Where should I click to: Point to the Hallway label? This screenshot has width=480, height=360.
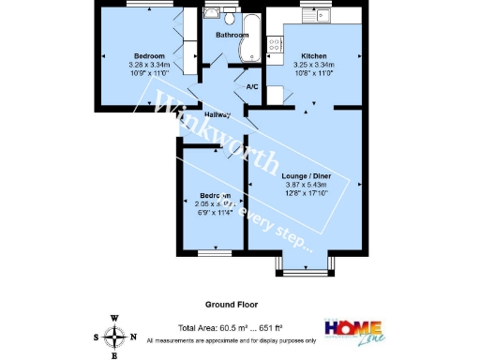217,115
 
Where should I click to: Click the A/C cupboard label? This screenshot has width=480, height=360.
251,87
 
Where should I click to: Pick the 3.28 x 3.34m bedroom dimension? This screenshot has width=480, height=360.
149,64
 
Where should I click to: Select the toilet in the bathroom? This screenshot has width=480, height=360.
212,14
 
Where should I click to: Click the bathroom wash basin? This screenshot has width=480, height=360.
231,14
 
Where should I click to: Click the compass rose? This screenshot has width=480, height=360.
114,337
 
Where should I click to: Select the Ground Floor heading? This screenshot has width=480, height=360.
232,305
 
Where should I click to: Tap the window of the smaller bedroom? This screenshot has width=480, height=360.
215,253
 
